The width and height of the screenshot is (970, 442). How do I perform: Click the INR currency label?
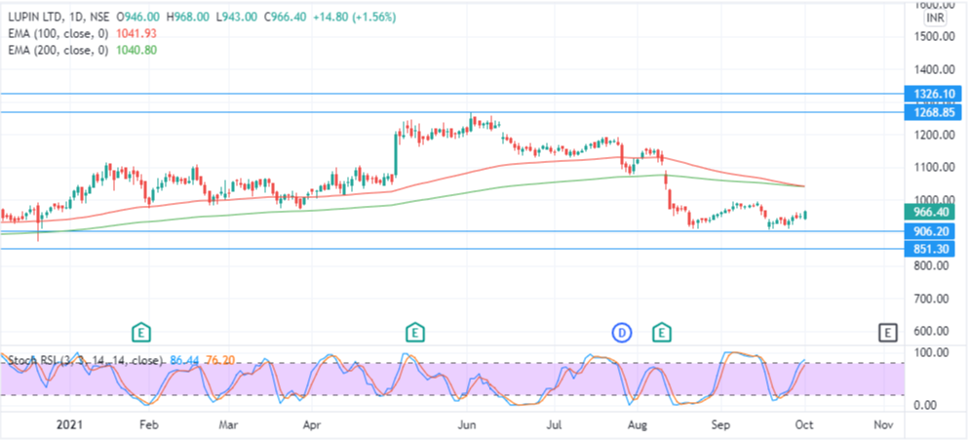point(934,18)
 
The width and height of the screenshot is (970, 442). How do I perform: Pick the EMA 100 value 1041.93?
point(136,33)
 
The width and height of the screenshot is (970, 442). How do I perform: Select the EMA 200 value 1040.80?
point(136,50)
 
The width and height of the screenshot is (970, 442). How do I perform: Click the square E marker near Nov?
point(887,333)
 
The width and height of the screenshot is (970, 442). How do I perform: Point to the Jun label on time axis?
point(467,425)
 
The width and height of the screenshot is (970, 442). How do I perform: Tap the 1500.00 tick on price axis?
point(934,37)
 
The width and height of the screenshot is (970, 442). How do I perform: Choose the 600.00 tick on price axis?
point(934,332)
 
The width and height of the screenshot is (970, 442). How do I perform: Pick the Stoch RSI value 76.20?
point(225,360)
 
